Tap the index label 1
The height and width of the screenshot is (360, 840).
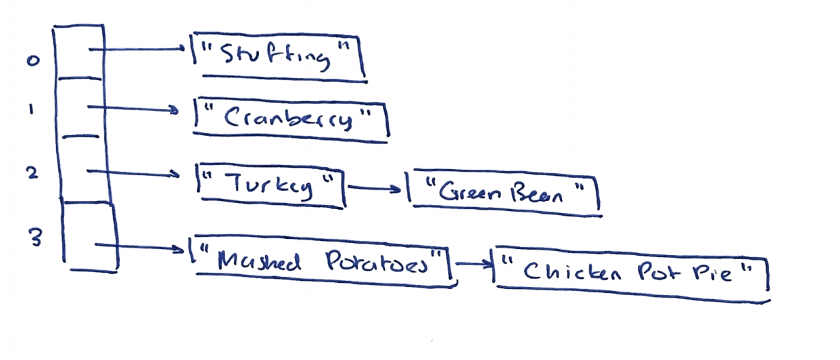click(31, 112)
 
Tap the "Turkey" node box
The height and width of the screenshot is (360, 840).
click(271, 183)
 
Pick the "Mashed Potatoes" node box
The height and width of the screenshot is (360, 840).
click(321, 260)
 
